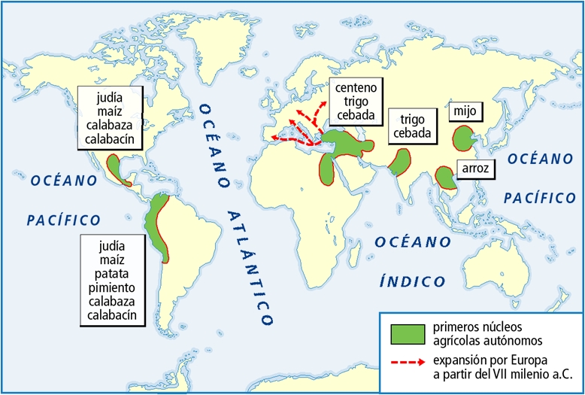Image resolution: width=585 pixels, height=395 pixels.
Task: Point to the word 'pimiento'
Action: (111, 288)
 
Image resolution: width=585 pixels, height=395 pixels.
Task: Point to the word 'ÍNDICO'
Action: (412, 282)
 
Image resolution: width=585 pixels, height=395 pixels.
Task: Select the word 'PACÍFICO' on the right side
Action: (539, 198)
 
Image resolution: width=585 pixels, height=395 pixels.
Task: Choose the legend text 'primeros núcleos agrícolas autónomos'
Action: (477, 333)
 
